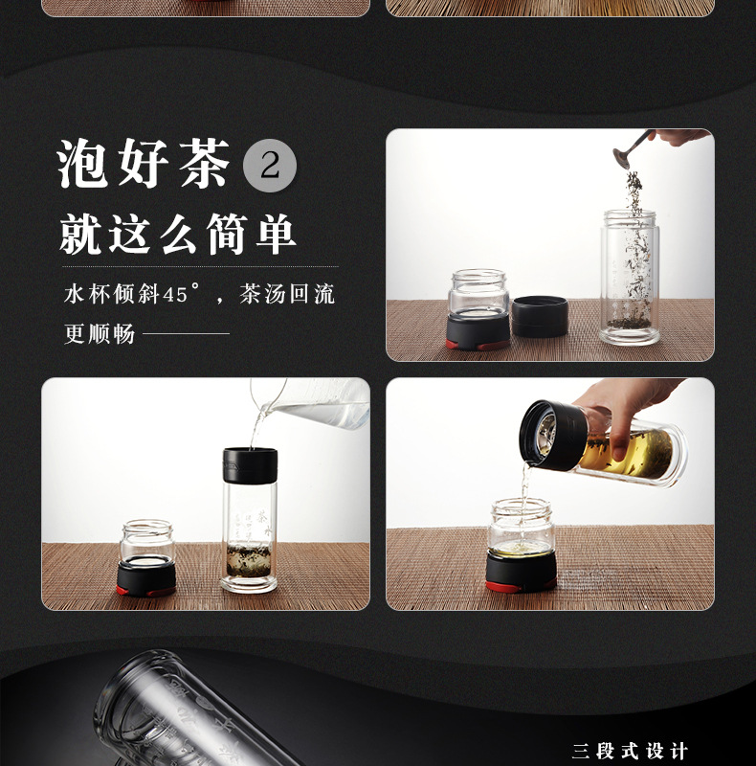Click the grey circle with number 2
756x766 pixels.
click(270, 165)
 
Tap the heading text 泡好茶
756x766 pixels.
click(144, 163)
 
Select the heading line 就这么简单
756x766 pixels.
click(178, 235)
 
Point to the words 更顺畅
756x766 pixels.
click(100, 334)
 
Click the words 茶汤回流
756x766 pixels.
click(287, 294)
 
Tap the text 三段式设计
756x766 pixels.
click(630, 752)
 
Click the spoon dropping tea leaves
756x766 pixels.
click(630, 149)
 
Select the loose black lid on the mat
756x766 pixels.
click(540, 317)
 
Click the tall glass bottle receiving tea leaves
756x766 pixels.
click(630, 278)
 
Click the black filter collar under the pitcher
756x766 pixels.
click(250, 464)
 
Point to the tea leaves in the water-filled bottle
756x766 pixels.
click(249, 560)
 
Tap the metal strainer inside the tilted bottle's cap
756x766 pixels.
click(546, 434)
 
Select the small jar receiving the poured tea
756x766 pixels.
click(522, 546)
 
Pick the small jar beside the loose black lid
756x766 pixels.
click(478, 309)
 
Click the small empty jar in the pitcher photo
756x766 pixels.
click(146, 558)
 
